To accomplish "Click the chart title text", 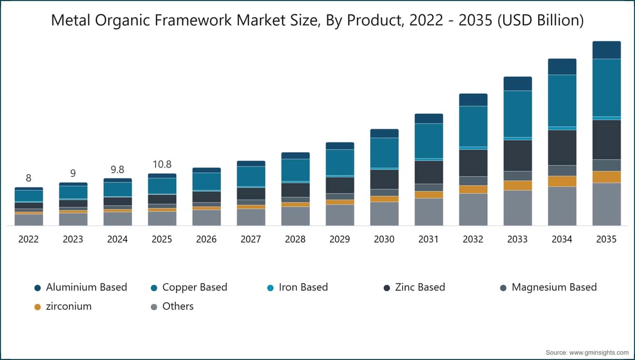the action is [x=317, y=21].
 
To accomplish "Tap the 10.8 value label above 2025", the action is [x=162, y=164].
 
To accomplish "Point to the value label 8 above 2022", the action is [x=29, y=178].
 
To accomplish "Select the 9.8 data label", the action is [x=117, y=169].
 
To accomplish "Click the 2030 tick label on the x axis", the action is [x=384, y=239].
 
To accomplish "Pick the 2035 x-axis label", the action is [x=606, y=239].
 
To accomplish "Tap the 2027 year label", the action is [x=251, y=239].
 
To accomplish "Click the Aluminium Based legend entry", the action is [x=81, y=287].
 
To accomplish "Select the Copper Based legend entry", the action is [x=189, y=287].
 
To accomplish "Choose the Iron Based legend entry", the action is [x=297, y=287].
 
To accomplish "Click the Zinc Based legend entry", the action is [x=414, y=287].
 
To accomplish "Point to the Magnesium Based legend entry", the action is [x=548, y=287].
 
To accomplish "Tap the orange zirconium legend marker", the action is [x=38, y=307].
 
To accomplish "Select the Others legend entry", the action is [x=172, y=307].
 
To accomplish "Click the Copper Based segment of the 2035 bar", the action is [x=606, y=88].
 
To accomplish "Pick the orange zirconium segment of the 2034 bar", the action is [x=562, y=181].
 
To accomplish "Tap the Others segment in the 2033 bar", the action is [x=518, y=208].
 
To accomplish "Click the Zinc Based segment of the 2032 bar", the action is [x=473, y=163].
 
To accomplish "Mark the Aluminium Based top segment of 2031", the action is [x=429, y=119].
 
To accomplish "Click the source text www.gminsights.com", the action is [x=598, y=353].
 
